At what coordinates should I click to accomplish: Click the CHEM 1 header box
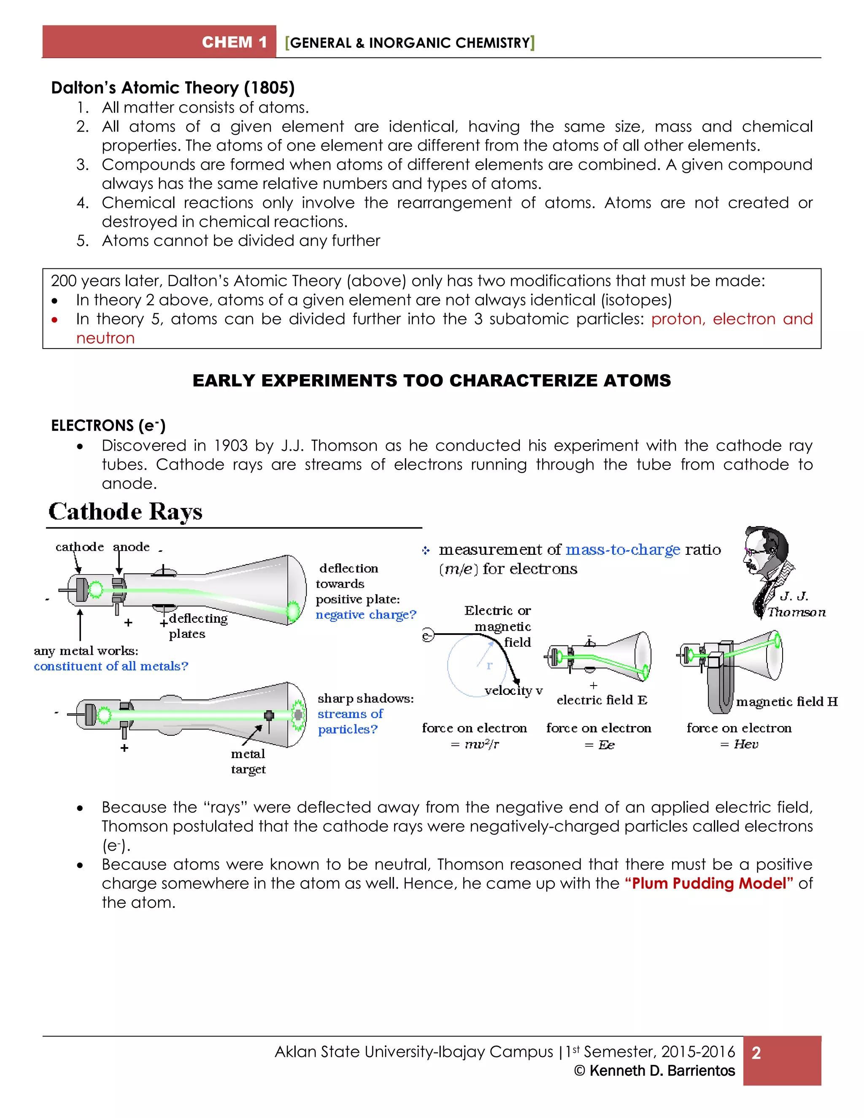(159, 41)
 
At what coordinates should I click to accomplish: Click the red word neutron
(105, 338)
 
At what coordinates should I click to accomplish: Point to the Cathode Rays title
(125, 511)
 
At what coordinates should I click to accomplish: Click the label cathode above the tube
(79, 547)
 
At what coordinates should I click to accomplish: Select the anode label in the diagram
(131, 547)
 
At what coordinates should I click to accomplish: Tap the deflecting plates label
(197, 626)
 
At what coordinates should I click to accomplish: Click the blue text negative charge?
(365, 614)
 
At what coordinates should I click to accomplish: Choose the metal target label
(248, 761)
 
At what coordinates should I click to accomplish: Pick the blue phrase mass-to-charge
(622, 549)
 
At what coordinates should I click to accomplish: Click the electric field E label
(602, 700)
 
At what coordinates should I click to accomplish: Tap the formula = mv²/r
(475, 744)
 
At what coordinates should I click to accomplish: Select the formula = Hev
(739, 744)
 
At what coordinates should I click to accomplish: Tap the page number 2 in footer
(756, 1053)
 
